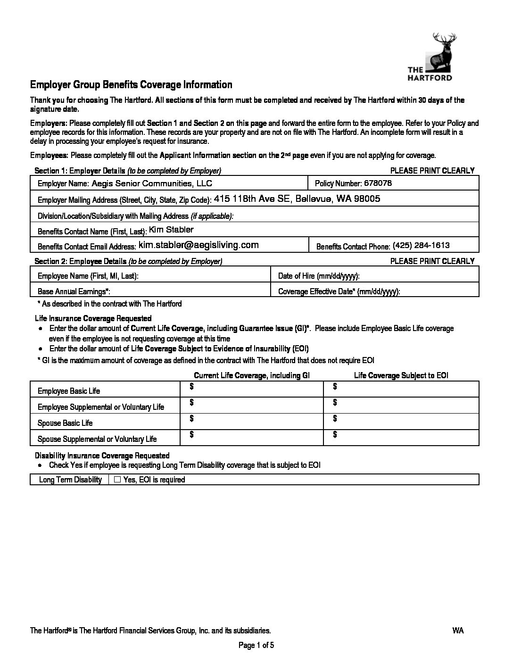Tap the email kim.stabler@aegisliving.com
[199, 245]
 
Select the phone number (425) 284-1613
[421, 246]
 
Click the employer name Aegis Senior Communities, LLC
[152, 183]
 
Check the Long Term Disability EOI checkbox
[118, 480]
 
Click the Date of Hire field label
[319, 276]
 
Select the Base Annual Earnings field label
[74, 292]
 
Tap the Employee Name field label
[88, 276]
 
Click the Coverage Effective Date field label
[339, 292]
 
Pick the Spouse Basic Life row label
[65, 423]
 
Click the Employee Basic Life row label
[69, 391]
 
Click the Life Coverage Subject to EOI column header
[401, 376]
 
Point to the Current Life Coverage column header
[252, 376]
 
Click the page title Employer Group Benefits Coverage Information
[131, 85]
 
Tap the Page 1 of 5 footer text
[256, 646]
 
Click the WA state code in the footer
[458, 631]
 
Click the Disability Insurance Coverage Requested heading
[102, 456]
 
